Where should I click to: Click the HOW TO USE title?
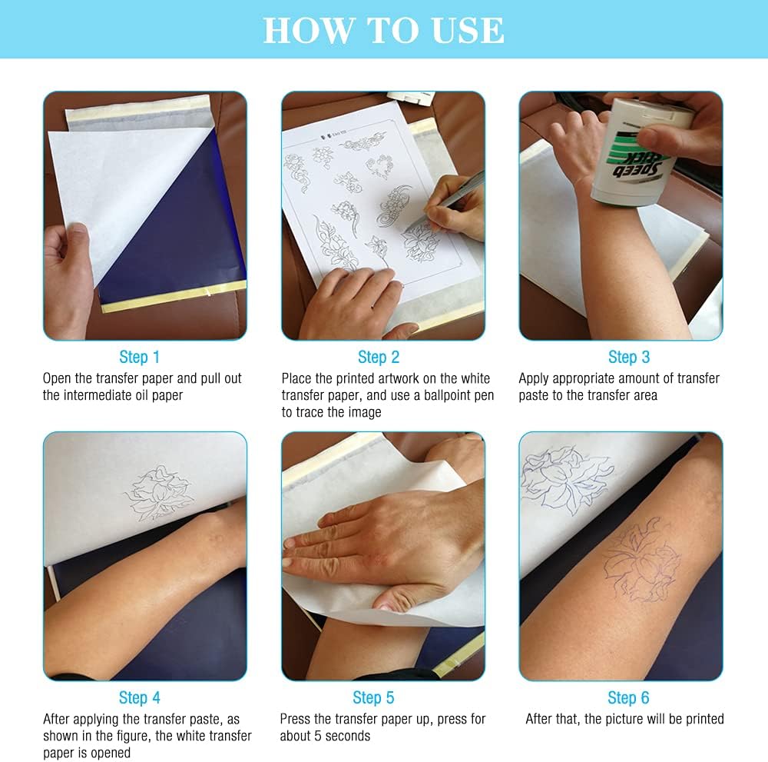pyautogui.click(x=383, y=30)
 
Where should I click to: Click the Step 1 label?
pyautogui.click(x=140, y=357)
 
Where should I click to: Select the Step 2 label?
pyautogui.click(x=379, y=357)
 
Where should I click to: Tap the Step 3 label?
pyautogui.click(x=629, y=357)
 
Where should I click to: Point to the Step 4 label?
pyautogui.click(x=140, y=697)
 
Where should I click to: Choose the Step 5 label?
pyautogui.click(x=373, y=697)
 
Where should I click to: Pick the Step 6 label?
pyautogui.click(x=628, y=697)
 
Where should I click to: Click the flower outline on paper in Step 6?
pyautogui.click(x=564, y=481)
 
